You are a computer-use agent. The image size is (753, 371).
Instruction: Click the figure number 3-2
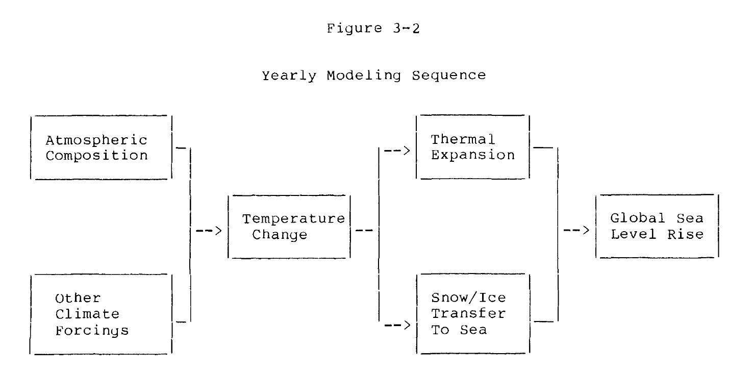point(407,28)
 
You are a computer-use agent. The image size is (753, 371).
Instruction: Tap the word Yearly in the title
point(289,76)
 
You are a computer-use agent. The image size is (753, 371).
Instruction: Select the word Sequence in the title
point(449,76)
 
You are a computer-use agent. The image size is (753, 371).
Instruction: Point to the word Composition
point(97,156)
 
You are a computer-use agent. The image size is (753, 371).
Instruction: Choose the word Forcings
point(92,331)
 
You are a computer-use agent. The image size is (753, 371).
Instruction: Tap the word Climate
point(87,314)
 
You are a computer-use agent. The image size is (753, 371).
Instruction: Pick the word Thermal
point(463,139)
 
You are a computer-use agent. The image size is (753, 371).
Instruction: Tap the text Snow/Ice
point(469,298)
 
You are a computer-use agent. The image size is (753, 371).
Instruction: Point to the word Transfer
point(469,313)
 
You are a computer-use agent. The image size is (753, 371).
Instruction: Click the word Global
point(638,218)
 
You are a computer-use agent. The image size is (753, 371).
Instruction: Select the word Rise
point(686,234)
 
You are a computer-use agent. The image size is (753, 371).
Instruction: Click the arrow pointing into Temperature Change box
point(209,231)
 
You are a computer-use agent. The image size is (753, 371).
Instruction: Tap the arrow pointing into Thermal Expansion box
point(397,151)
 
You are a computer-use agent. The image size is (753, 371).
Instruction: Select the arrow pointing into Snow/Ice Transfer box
point(397,325)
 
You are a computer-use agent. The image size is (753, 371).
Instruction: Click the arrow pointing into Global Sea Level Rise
point(576,230)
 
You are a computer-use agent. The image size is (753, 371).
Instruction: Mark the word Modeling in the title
point(364,76)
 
